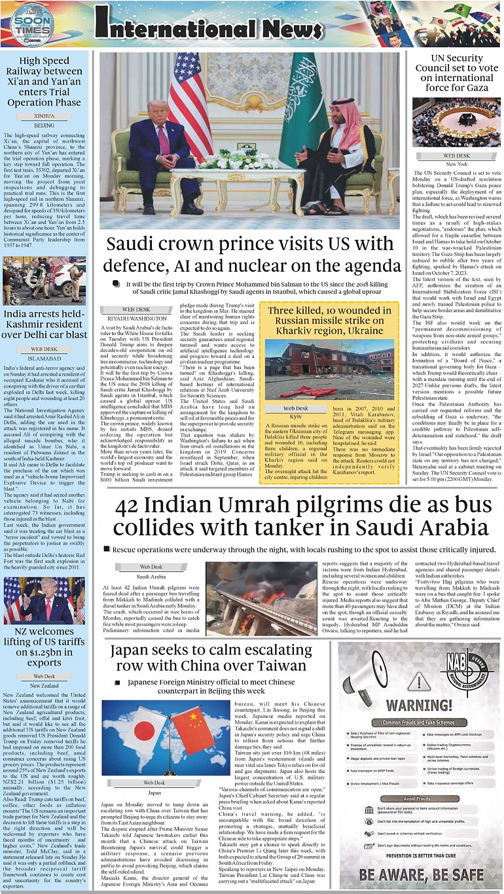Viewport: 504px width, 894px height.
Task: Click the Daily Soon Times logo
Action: (31, 25)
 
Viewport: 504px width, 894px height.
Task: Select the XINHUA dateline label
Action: (45, 115)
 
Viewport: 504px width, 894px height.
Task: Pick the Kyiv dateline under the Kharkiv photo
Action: (296, 416)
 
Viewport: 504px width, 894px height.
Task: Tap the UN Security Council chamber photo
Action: (456, 122)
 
